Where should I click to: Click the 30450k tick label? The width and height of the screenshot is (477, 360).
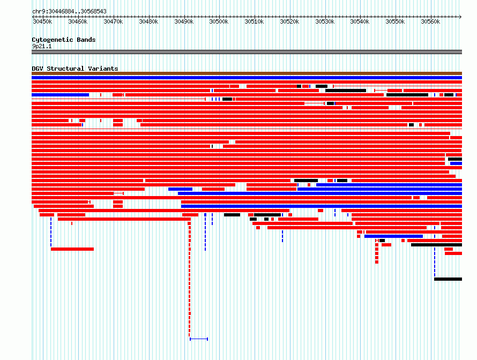tap(42, 21)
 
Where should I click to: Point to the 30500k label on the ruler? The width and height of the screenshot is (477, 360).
tap(219, 21)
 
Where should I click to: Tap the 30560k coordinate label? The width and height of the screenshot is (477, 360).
tap(430, 21)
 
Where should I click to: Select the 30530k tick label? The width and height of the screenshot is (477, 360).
tap(325, 21)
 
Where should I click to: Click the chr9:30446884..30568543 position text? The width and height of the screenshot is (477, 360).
tap(69, 11)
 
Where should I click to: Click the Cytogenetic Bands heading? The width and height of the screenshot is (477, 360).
tap(64, 40)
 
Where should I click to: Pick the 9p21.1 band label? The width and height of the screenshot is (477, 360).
tap(42, 46)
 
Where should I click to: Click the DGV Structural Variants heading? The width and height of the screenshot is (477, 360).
tap(75, 69)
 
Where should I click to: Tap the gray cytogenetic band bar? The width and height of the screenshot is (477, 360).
tap(247, 52)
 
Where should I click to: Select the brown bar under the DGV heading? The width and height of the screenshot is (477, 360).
tap(247, 73)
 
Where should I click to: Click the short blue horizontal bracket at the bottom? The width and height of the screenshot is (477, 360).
tap(199, 339)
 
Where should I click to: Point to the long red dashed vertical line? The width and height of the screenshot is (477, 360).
tap(190, 279)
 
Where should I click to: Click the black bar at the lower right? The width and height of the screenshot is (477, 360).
tap(448, 279)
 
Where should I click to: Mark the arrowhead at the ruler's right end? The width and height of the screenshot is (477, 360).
tap(460, 17)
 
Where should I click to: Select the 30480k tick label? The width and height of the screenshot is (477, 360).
tap(148, 21)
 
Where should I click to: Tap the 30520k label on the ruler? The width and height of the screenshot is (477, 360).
tap(289, 21)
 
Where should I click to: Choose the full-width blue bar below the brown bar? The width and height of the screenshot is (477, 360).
tap(247, 78)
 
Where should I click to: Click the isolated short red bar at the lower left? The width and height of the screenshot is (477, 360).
tap(72, 249)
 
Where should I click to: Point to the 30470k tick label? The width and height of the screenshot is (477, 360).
tap(113, 21)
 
